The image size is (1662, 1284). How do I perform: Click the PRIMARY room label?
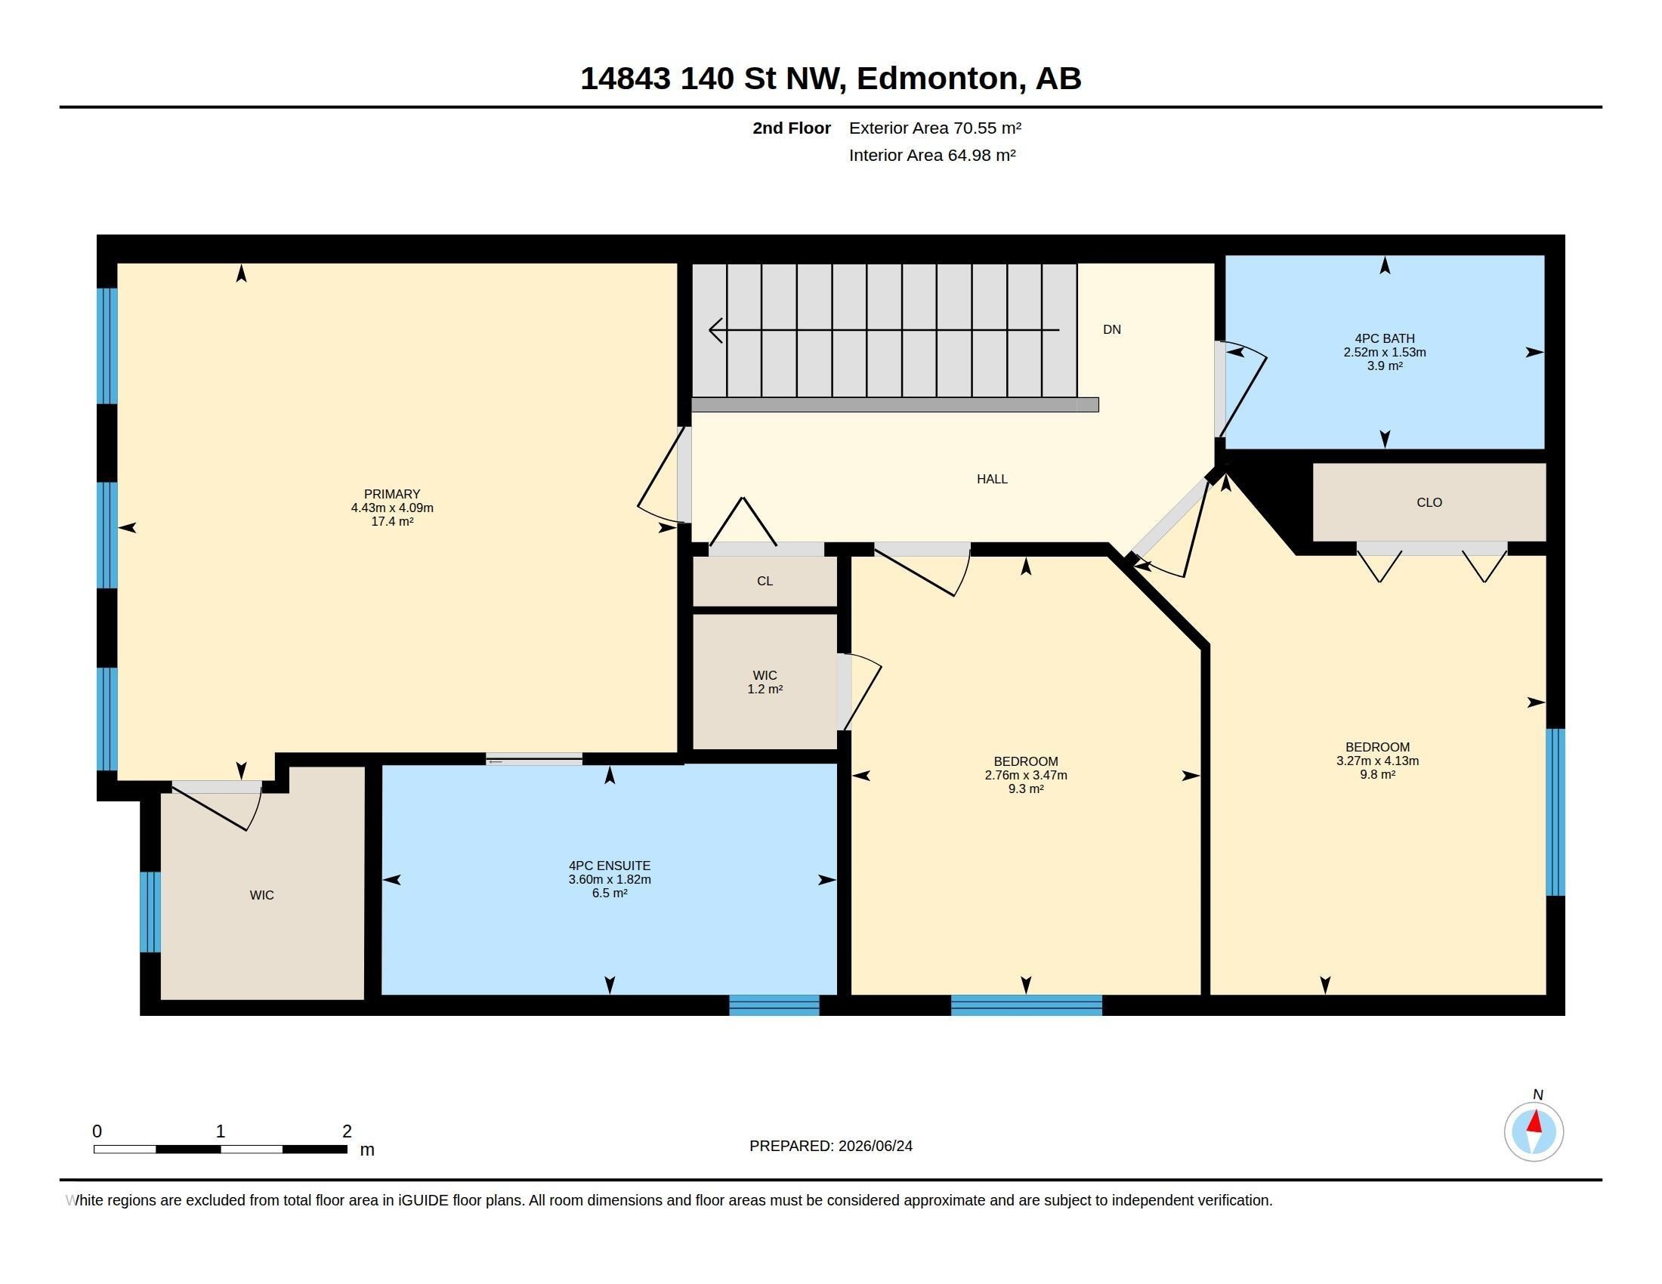(x=392, y=494)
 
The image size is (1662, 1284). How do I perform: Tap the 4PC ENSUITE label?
(x=610, y=866)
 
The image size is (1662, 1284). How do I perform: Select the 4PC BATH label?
(x=1384, y=338)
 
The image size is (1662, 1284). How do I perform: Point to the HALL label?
(x=993, y=478)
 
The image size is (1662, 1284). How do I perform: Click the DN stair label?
(x=1112, y=329)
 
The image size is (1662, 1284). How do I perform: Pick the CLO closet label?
(x=1429, y=502)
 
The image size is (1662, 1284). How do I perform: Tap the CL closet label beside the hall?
(x=765, y=581)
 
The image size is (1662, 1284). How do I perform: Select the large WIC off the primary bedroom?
(x=262, y=895)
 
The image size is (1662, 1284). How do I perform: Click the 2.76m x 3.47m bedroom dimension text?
(x=1026, y=775)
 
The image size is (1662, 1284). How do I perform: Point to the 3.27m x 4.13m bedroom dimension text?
(x=1377, y=761)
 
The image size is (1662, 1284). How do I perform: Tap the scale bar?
(x=221, y=1149)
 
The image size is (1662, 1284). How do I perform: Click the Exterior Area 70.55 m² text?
(x=935, y=128)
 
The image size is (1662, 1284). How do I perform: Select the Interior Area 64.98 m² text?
(x=932, y=155)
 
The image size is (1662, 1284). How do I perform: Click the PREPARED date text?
(x=831, y=1146)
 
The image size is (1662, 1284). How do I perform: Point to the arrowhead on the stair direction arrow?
(x=715, y=330)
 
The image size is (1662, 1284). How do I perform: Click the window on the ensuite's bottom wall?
(x=774, y=1005)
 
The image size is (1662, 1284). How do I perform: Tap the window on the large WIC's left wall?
(x=150, y=912)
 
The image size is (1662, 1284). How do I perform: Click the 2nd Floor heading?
(x=792, y=128)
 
